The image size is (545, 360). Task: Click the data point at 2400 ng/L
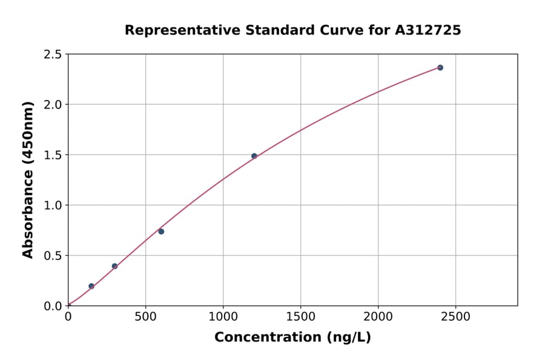click(440, 67)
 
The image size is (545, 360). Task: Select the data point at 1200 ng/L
click(254, 156)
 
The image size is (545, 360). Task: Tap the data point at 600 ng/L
click(161, 232)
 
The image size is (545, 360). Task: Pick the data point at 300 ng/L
click(114, 266)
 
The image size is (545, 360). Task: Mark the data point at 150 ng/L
click(91, 286)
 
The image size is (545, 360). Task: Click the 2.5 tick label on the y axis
click(53, 55)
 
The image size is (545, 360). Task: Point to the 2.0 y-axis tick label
click(53, 105)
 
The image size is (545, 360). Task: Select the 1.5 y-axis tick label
click(53, 155)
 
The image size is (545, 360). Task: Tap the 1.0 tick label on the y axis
click(53, 205)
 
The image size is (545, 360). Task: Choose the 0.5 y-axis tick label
click(53, 256)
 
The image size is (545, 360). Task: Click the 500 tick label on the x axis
click(145, 316)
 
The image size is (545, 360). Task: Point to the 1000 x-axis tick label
click(223, 316)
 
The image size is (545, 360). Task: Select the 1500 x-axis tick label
click(301, 316)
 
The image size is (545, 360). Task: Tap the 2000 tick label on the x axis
click(378, 316)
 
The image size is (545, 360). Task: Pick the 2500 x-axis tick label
click(456, 316)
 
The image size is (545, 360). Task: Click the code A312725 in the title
click(428, 30)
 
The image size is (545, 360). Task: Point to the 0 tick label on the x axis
click(68, 316)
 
